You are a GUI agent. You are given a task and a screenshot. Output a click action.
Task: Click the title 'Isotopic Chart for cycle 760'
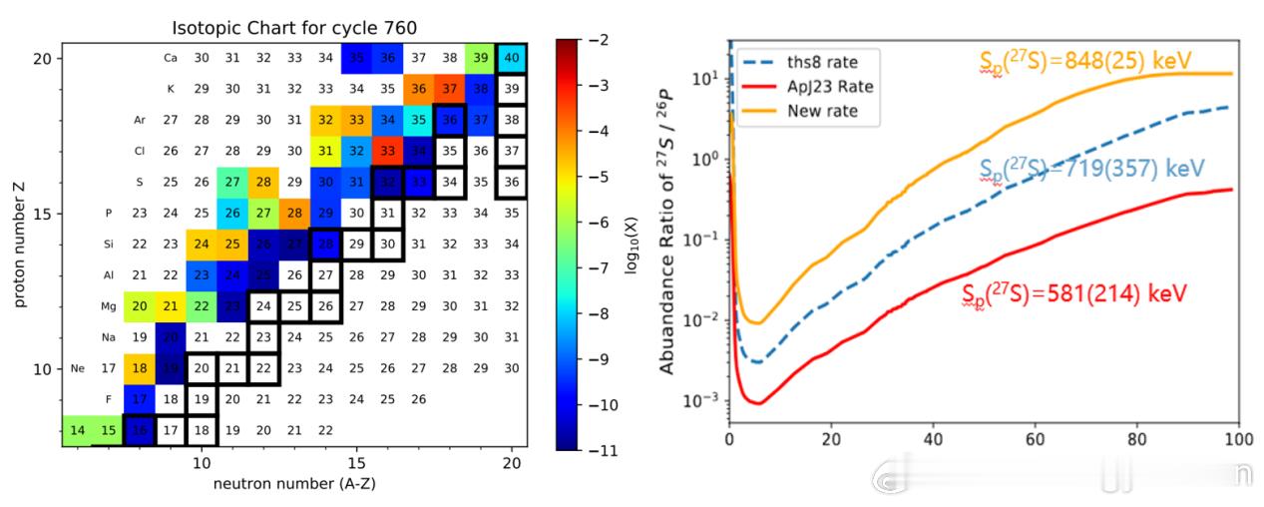(x=294, y=27)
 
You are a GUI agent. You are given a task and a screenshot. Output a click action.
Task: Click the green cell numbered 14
(x=77, y=430)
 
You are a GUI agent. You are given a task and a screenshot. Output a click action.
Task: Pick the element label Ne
(x=78, y=368)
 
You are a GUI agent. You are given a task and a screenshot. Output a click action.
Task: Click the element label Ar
(x=140, y=120)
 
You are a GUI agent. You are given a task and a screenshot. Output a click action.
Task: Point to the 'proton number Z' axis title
(x=18, y=246)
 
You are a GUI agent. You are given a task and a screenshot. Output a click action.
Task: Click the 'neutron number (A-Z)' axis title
(x=294, y=484)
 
